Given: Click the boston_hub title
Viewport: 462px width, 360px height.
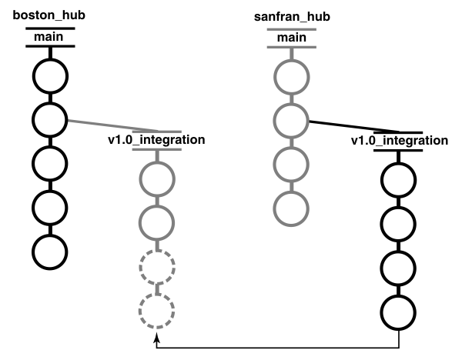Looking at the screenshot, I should [50, 15].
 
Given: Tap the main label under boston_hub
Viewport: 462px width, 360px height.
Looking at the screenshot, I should [50, 37].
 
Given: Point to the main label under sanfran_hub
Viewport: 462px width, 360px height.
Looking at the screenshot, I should [291, 37].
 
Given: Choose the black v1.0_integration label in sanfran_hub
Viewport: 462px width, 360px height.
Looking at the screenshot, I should [399, 141].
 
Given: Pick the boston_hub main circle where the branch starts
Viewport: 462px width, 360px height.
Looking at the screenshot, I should [50, 119].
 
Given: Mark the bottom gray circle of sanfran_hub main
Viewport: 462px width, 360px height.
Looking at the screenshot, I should [292, 207].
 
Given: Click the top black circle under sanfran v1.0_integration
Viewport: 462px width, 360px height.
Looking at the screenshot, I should [399, 180].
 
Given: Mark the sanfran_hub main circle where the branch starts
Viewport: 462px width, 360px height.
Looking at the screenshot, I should [292, 119].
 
